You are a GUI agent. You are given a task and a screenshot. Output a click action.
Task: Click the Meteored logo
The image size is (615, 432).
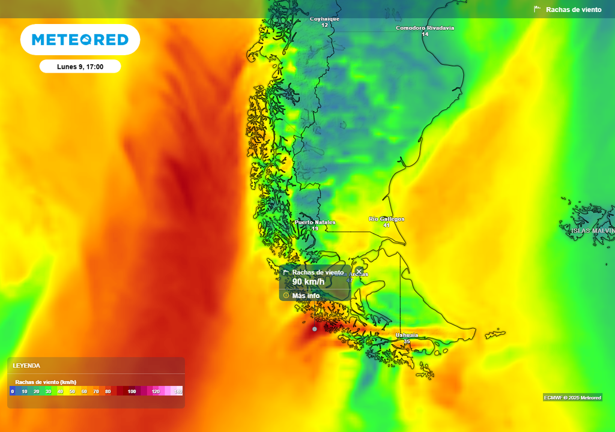click(x=80, y=40)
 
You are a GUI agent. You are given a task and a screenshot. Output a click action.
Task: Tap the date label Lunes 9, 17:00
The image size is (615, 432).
click(x=80, y=67)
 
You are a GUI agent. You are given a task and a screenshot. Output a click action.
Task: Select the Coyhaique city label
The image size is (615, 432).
click(x=324, y=19)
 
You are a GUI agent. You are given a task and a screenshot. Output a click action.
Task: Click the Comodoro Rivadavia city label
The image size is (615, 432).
click(x=425, y=28)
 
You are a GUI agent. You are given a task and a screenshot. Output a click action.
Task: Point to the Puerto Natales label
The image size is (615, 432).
click(x=315, y=223)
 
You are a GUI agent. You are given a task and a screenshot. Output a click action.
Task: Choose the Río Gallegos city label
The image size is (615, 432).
click(x=386, y=219)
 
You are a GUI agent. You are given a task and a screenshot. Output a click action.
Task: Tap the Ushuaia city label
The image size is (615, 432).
click(x=407, y=335)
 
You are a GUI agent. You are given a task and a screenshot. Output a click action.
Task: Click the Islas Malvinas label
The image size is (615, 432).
click(x=593, y=230)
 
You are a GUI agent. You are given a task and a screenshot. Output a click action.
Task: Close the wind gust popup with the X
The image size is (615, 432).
click(x=359, y=271)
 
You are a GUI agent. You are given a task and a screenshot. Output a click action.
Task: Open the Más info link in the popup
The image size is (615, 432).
click(x=306, y=295)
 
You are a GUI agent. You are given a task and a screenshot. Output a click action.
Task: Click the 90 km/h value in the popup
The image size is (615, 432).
click(x=308, y=282)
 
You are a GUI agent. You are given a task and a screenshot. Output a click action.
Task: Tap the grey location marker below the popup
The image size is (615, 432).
click(x=314, y=329)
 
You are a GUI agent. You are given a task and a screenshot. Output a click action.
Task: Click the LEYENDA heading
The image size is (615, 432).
click(x=26, y=365)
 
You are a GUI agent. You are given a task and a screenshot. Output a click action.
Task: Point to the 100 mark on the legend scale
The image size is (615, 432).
click(x=132, y=391)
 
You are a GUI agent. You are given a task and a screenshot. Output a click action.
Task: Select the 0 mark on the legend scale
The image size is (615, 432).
click(x=12, y=391)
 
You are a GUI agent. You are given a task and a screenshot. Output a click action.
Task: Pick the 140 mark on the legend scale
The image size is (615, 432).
click(x=178, y=391)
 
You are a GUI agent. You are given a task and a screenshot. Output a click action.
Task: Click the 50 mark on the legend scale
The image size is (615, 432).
click(x=72, y=391)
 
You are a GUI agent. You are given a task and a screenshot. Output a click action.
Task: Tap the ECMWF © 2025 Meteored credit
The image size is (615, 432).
click(x=572, y=398)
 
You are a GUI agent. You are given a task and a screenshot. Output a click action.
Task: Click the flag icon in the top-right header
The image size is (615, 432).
click(x=538, y=10)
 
